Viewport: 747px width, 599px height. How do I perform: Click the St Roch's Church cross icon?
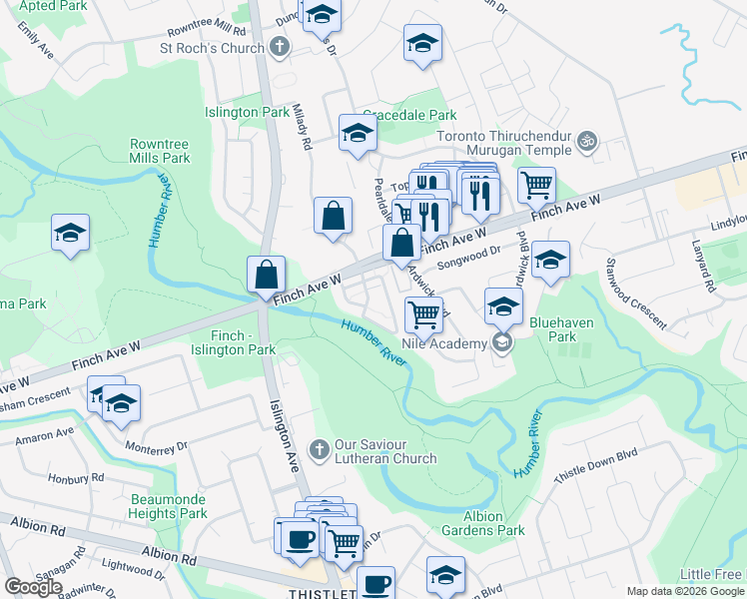[x=280, y=47]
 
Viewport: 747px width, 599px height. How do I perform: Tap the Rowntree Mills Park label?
[x=160, y=151]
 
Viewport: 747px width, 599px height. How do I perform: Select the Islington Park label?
[x=247, y=113]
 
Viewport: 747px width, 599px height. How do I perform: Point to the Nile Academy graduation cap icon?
[x=502, y=343]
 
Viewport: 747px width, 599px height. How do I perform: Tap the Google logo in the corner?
[x=33, y=587]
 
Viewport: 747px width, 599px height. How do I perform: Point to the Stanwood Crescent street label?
[x=634, y=295]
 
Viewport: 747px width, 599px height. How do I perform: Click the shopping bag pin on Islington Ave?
[x=267, y=274]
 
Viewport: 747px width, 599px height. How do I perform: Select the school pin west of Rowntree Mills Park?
[x=69, y=235]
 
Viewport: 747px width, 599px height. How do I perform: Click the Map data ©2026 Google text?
[x=684, y=591]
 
